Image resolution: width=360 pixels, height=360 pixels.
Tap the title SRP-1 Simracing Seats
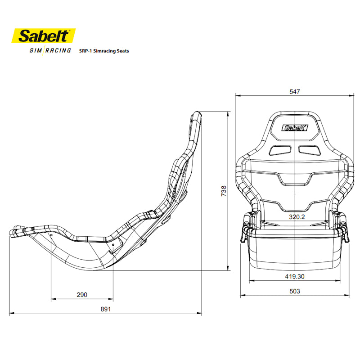pyautogui.click(x=104, y=51)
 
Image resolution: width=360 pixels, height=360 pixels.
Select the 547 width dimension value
pyautogui.click(x=294, y=91)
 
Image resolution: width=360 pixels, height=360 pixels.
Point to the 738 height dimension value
pyautogui.click(x=224, y=191)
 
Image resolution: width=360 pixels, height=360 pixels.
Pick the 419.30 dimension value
pyautogui.click(x=294, y=276)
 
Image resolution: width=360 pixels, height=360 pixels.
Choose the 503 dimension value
pyautogui.click(x=294, y=291)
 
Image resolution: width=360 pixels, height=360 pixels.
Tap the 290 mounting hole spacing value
pyautogui.click(x=82, y=295)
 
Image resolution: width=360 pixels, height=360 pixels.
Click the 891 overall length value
pyautogui.click(x=105, y=309)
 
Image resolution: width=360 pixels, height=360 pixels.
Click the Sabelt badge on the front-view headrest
pyautogui.click(x=294, y=128)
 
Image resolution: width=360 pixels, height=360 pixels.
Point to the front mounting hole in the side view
pyautogui.click(x=51, y=235)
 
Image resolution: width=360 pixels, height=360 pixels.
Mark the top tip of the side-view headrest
pyautogui.click(x=195, y=112)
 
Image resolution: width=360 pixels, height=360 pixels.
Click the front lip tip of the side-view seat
pyautogui.click(x=11, y=233)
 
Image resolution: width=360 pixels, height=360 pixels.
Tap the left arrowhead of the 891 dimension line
pyautogui.click(x=11, y=313)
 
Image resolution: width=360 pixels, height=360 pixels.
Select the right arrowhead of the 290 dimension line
pyautogui.click(x=112, y=298)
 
